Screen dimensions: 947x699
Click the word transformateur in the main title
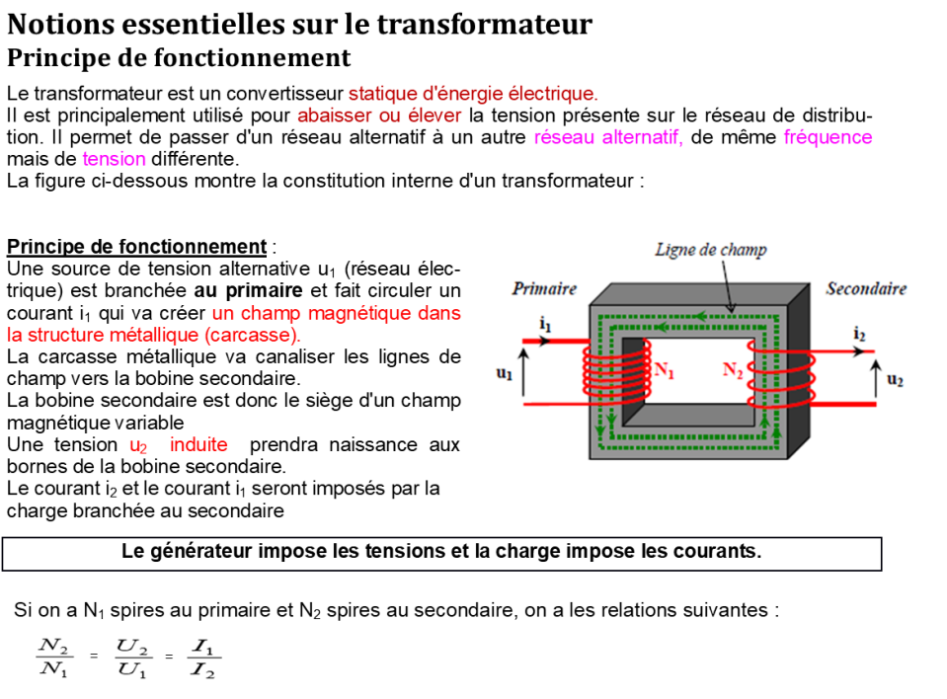[x=485, y=25]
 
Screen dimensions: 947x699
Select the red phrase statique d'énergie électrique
[x=473, y=94]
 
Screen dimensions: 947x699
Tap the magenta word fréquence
[x=829, y=137]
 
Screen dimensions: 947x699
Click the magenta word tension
[x=115, y=159]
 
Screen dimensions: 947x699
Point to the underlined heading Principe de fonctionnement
[x=136, y=247]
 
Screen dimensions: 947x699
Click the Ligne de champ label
[x=711, y=250]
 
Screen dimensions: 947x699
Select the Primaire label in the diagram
[x=544, y=288]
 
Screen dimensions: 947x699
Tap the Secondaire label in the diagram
[x=866, y=288]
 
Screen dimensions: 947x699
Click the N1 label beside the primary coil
[x=665, y=370]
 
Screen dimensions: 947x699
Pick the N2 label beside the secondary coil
[x=733, y=369]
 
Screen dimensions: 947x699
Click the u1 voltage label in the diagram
[x=504, y=373]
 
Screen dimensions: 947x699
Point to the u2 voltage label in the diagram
[x=895, y=380]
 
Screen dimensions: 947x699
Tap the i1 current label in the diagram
[x=545, y=324]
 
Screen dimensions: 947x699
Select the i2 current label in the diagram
[x=859, y=333]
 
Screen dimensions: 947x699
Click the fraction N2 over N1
[x=54, y=658]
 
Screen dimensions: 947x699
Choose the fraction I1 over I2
[x=203, y=658]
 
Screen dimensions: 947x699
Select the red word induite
[x=198, y=445]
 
